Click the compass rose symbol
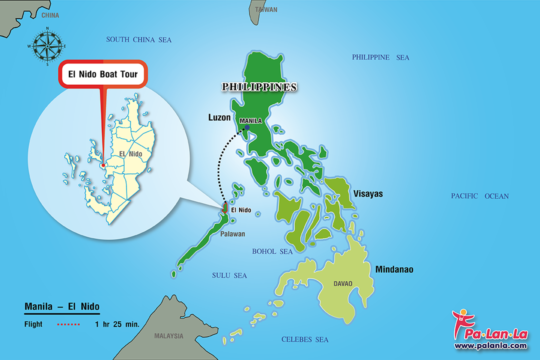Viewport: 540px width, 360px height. coord(47,46)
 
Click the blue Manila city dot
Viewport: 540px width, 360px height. coord(247,127)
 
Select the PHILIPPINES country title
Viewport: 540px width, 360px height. coord(259,87)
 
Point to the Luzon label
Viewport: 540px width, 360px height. coord(219,117)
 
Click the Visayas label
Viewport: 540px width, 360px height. coord(368,193)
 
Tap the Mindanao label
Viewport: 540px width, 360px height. coord(394,269)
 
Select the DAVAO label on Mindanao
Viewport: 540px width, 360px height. coord(343,283)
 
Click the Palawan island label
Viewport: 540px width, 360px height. coord(231,234)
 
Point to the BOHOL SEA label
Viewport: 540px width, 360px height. coord(272,251)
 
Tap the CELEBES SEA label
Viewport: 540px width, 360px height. coord(305,340)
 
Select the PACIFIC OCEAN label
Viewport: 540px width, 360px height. coord(479,196)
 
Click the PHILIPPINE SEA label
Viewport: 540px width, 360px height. coord(380,57)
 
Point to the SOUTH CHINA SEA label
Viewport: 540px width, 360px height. coord(138,39)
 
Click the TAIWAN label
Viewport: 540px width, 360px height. coord(266,9)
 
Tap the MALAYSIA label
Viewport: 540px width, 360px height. coord(168,335)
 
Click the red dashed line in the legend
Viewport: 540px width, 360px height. coord(69,324)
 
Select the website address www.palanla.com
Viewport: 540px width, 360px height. coord(490,345)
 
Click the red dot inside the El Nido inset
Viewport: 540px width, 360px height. coord(103,165)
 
